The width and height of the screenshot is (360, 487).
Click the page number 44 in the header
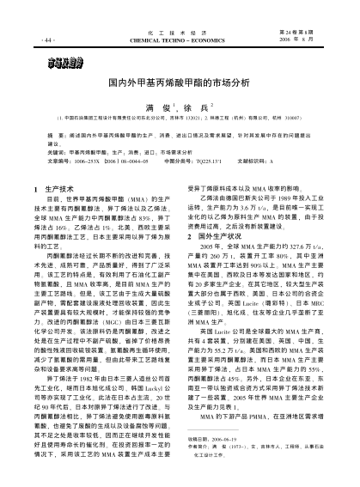(x=46, y=40)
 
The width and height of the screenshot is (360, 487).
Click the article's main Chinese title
(x=180, y=84)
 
